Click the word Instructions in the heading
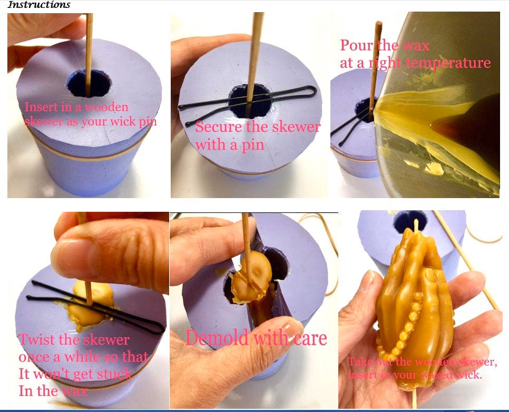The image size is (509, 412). tap(38, 5)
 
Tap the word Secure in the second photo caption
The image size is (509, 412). tap(219, 126)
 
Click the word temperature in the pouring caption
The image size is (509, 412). tap(447, 63)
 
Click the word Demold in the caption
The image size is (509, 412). tap(218, 338)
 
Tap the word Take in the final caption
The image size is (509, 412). tap(359, 361)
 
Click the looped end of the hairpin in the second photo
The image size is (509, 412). tap(312, 91)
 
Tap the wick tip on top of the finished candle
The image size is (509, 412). tap(416, 221)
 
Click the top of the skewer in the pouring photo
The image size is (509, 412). tap(378, 23)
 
